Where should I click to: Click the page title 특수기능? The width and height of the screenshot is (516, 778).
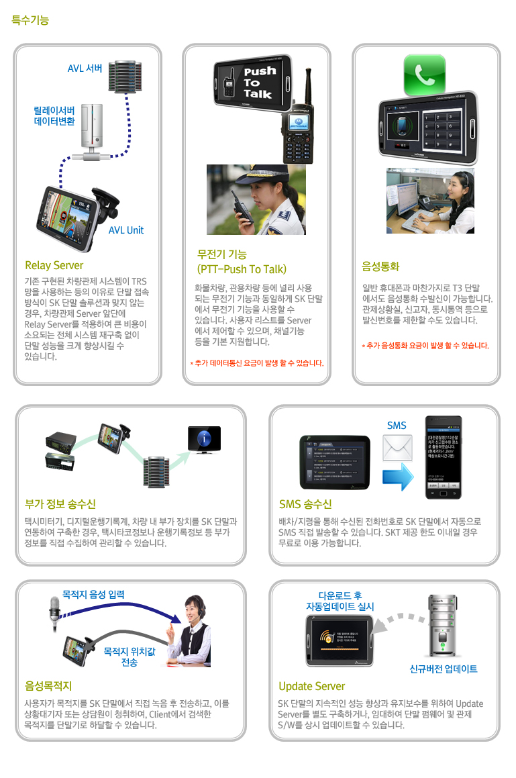30,20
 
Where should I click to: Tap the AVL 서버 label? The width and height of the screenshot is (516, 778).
85,68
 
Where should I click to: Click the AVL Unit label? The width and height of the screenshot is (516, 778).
125,230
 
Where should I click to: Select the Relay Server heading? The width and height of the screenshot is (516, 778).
54,265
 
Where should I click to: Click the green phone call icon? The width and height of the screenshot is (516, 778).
424,75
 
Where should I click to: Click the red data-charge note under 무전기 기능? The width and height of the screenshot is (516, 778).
257,363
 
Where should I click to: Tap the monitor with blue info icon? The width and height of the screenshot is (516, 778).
203,439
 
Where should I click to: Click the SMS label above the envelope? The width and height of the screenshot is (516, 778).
397,426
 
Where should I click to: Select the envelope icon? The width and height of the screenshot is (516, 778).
397,448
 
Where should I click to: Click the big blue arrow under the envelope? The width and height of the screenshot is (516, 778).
397,479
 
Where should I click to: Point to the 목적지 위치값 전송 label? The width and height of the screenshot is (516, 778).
130,656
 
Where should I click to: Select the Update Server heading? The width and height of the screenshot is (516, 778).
311,686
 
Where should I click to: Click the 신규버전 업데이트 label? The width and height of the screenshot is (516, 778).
444,669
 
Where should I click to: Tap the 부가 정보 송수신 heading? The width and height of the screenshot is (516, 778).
60,504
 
